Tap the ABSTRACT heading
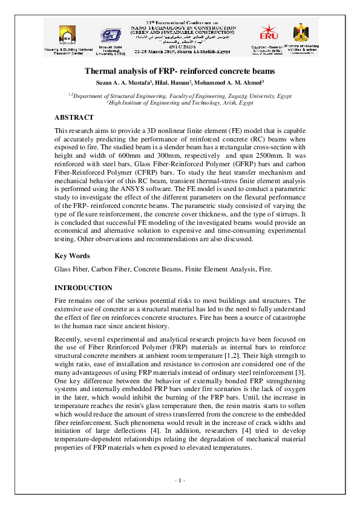tap(74, 117)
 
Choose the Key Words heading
tap(72, 256)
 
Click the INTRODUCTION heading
tap(83, 287)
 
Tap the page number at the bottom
tap(180, 481)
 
